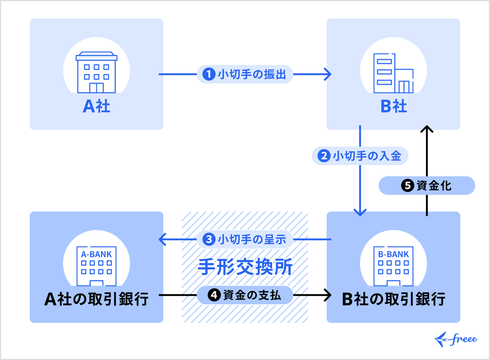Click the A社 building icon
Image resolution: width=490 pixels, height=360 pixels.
click(97, 72)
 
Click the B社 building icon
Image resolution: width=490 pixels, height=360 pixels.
click(393, 73)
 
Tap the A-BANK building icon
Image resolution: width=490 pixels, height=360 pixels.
click(97, 266)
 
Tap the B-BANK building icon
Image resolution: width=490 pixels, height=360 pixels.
click(393, 266)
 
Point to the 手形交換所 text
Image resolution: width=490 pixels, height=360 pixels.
click(245, 267)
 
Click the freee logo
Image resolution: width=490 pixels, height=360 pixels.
click(456, 339)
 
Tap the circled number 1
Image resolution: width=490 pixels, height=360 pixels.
click(209, 74)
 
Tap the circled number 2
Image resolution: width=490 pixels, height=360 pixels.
click(324, 156)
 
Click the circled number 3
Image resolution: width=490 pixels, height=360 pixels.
click(209, 239)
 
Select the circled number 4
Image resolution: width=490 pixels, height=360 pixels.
click(214, 295)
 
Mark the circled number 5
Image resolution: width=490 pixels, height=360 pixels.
click(407, 186)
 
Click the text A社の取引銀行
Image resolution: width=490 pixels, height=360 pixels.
click(97, 299)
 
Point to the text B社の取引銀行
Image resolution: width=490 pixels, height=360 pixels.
click(393, 299)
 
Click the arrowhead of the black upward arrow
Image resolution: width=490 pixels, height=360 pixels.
click(427, 129)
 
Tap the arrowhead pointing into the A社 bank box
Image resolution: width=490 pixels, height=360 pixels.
click(162, 239)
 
